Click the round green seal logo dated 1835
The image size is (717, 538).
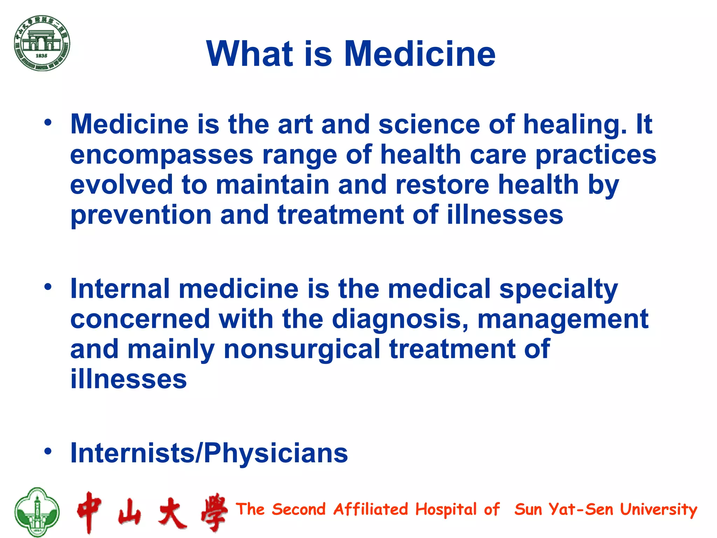(42, 43)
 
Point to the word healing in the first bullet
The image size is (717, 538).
(575, 125)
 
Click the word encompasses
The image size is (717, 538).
(161, 155)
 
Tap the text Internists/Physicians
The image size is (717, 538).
(209, 453)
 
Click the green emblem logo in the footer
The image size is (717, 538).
(37, 512)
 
